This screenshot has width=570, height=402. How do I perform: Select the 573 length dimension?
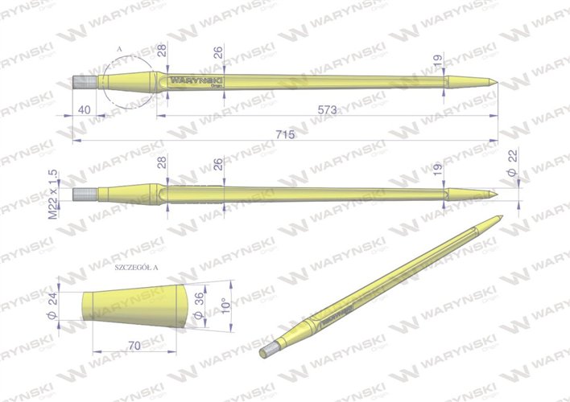tap(326, 109)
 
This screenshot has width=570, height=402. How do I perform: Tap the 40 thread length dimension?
tap(84, 109)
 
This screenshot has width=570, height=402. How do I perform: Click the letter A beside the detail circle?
tap(118, 50)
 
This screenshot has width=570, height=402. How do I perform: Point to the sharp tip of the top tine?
tap(494, 82)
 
